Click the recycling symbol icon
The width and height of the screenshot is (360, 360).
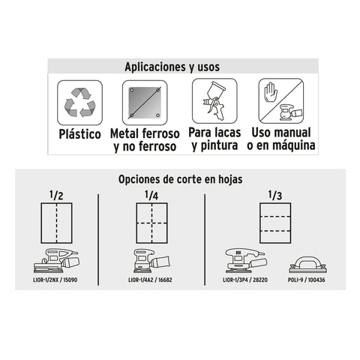79,103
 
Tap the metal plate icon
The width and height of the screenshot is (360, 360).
145,103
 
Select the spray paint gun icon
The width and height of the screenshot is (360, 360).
214,100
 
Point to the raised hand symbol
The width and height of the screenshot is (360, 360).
271,92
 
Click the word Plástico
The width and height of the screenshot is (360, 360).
79,134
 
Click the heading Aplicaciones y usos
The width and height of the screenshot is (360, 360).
172,67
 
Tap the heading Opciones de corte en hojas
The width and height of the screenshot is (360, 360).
180,179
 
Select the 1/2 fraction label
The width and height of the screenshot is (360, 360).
56,195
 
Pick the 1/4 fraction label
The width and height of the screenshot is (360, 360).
151,195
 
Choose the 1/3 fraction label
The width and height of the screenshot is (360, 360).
275,195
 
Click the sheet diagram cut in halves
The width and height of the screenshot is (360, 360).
56,223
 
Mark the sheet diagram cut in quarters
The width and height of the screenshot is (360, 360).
151,223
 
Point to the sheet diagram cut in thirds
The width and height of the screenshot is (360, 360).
275,223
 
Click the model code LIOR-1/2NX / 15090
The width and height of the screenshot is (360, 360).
55,280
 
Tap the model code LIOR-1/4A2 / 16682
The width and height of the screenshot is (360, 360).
150,280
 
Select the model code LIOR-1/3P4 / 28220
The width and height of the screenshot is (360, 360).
245,280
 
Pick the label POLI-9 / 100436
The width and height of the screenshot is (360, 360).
306,280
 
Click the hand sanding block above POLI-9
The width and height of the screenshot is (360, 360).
308,265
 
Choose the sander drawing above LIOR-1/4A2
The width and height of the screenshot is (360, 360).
152,261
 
